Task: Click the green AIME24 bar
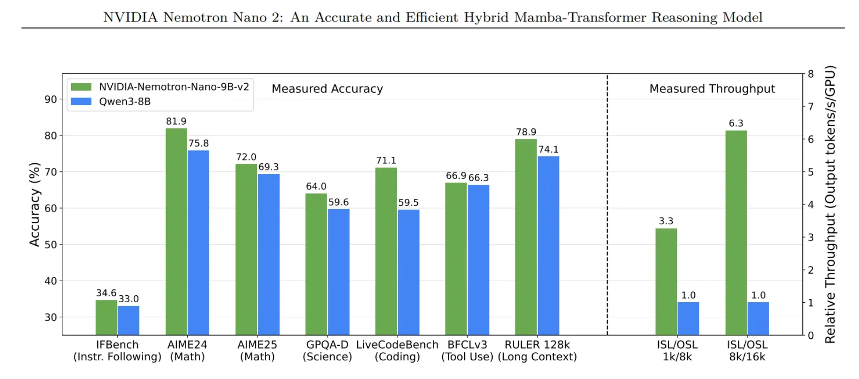click(x=176, y=232)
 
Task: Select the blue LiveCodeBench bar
click(x=408, y=272)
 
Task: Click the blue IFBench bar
click(x=128, y=320)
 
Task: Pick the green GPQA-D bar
click(x=316, y=264)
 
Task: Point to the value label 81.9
click(x=176, y=121)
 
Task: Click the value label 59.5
click(x=408, y=203)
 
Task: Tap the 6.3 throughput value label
click(x=736, y=123)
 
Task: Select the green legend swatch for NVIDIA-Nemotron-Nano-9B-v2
click(x=81, y=87)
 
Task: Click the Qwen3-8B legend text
click(x=124, y=102)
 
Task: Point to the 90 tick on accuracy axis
click(x=51, y=99)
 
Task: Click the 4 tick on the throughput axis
click(x=811, y=204)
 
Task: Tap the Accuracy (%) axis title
click(x=35, y=204)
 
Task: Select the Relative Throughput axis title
click(x=830, y=204)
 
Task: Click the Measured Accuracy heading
click(x=327, y=88)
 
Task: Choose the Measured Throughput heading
click(x=712, y=88)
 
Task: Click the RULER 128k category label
click(x=537, y=345)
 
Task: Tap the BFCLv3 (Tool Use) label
click(x=467, y=350)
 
